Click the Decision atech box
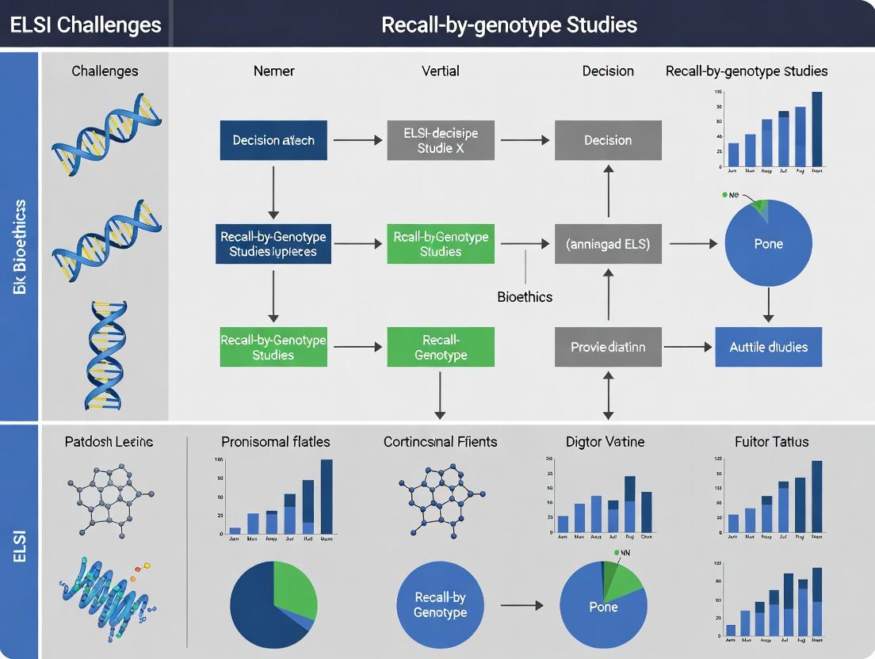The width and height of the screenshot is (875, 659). pos(273,140)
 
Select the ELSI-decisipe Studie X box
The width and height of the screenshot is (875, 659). pos(441,140)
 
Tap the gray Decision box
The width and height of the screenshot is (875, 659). pos(608,140)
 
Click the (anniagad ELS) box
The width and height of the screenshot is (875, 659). pos(608,244)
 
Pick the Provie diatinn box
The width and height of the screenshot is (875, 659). pos(608,347)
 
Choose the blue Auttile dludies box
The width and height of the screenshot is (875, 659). pos(768,347)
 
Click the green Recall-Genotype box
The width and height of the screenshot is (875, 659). pos(441,347)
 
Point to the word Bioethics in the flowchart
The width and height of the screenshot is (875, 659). pos(525,297)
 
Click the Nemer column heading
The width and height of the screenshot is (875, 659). pos(273,71)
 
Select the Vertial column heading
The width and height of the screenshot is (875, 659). pos(441,71)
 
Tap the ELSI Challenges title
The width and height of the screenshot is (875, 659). pos(86,24)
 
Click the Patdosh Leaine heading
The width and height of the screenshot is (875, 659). pos(109,441)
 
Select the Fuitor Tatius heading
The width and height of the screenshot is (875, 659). pos(771,441)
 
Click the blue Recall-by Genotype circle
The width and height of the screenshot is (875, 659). pos(441,605)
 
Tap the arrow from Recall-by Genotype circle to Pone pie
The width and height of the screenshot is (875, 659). pos(522,605)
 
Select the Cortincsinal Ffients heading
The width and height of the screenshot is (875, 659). pos(441,441)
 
